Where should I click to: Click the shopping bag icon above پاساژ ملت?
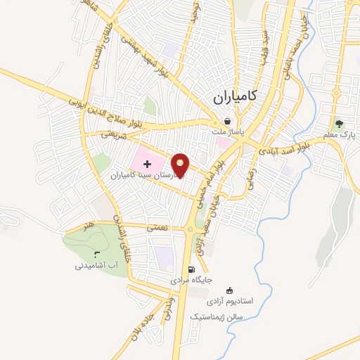(227, 121)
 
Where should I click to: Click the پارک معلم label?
(341, 134)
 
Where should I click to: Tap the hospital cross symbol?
(147, 163)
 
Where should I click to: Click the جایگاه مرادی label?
(190, 281)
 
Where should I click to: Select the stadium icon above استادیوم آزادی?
(229, 290)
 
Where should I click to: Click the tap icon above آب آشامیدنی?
(97, 255)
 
